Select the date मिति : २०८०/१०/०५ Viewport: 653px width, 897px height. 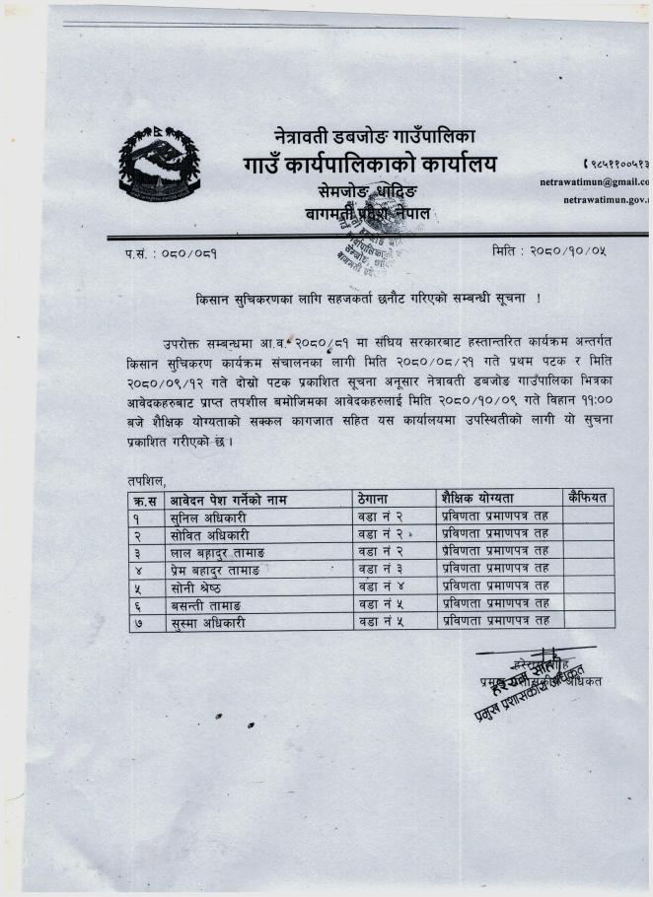tap(548, 252)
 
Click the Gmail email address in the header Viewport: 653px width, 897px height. tap(597, 181)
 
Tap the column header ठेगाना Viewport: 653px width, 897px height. tap(378, 499)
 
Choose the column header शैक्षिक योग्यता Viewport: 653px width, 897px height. tap(478, 499)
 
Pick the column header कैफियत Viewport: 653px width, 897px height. tap(589, 498)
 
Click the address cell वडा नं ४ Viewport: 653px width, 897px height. tap(382, 587)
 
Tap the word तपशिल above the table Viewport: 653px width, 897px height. tap(147, 479)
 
